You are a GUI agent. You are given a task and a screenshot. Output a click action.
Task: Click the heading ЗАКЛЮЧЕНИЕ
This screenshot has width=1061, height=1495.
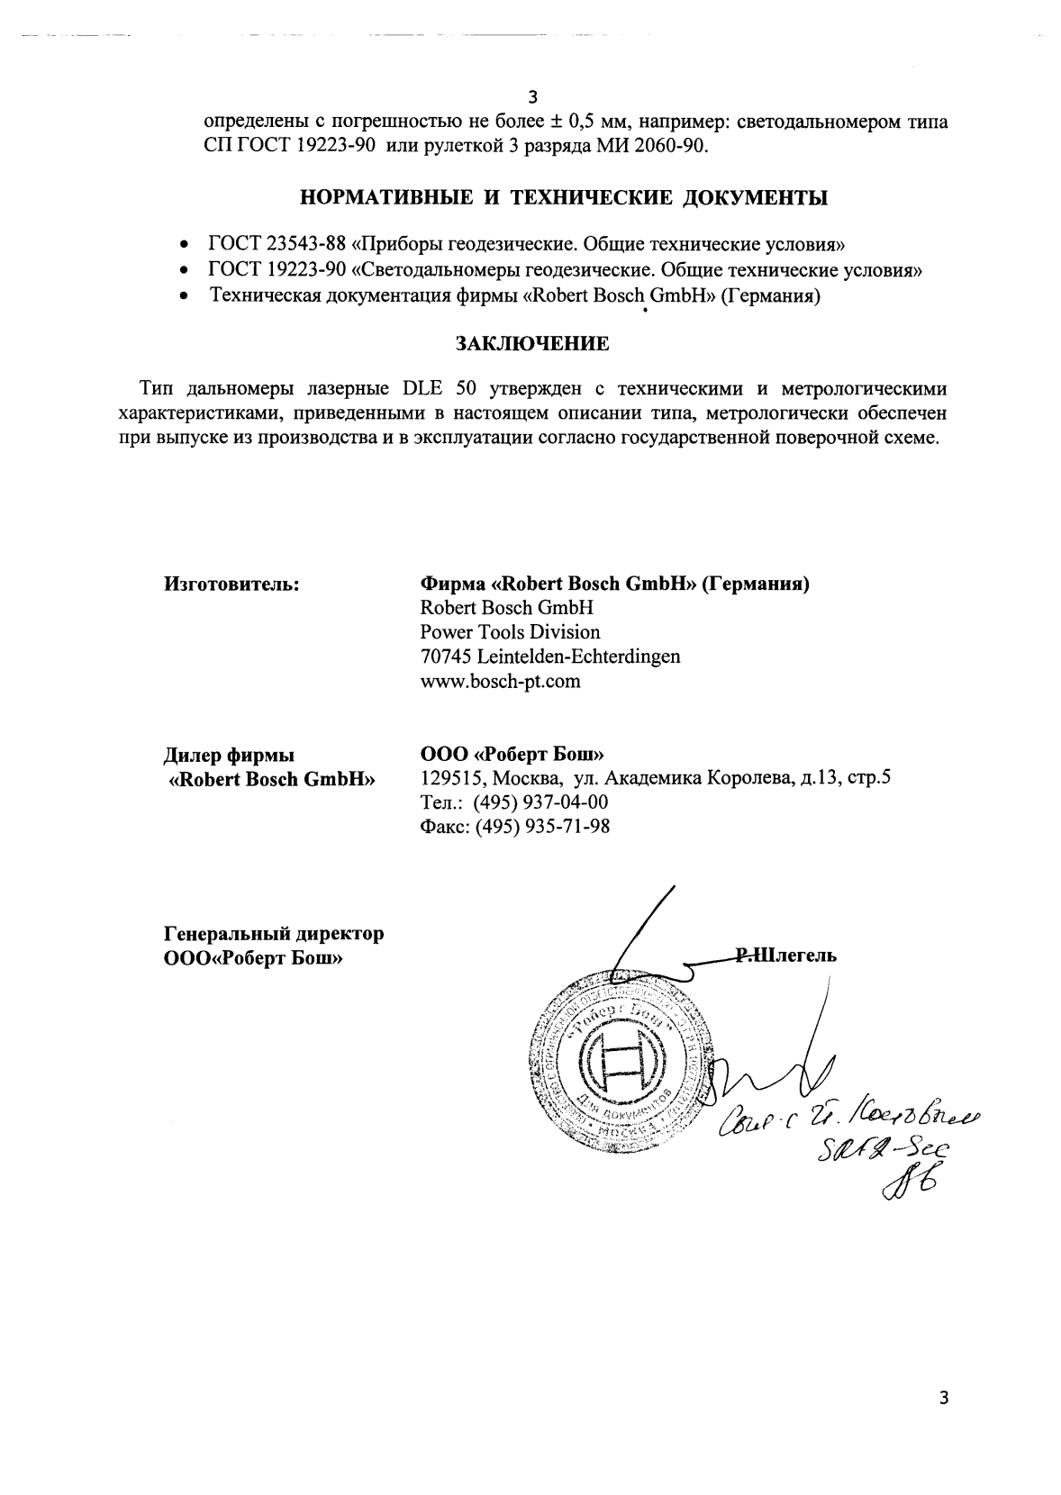coord(531,343)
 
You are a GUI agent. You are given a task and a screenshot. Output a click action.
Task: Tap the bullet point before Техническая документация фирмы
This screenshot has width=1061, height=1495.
coord(185,295)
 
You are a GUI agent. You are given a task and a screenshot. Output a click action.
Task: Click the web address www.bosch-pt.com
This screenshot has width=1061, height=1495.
coord(500,681)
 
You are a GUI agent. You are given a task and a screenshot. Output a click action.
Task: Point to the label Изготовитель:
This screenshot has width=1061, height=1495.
coord(231,584)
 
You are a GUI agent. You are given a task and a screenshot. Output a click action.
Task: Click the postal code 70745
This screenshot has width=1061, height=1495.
coord(446,657)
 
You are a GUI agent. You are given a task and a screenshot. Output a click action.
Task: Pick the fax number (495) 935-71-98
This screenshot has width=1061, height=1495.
coord(543,826)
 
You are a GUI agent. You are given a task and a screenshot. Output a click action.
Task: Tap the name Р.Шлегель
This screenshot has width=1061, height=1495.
coord(786,956)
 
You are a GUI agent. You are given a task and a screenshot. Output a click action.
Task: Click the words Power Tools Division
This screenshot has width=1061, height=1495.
coord(510,632)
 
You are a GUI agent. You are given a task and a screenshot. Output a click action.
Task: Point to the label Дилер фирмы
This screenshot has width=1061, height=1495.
coord(229,755)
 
